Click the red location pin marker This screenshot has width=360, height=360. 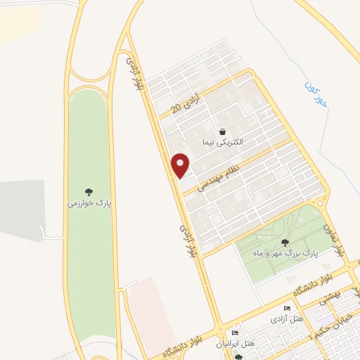coord(181,165)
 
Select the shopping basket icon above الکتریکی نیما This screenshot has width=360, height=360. coord(222,131)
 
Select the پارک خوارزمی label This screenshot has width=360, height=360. coord(89,202)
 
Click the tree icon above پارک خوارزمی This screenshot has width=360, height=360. coord(89,191)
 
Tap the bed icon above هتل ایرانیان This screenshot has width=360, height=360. coord(235,333)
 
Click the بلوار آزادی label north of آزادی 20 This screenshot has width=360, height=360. coord(131,72)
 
